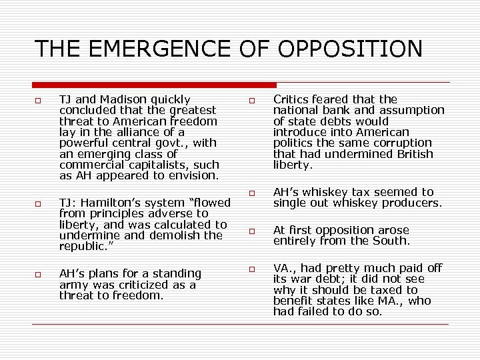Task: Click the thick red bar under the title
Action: click(155, 85)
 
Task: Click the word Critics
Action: click(292, 99)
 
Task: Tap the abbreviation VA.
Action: click(283, 268)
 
